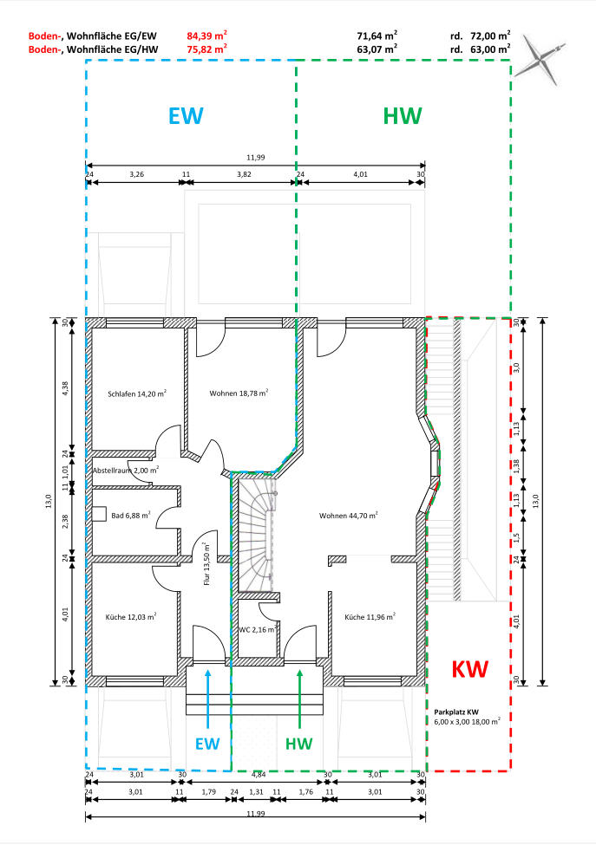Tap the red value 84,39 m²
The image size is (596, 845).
pos(206,36)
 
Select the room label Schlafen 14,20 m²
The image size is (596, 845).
pos(137,393)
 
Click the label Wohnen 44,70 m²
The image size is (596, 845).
pos(349,515)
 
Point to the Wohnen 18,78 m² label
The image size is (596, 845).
pos(239,393)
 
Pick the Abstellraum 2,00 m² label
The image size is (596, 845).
pos(126,470)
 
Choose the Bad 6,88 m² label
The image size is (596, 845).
pos(130,515)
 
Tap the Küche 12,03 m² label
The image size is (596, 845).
pos(131,616)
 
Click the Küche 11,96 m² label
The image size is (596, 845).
pos(370,616)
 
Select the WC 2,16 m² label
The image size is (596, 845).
pos(259,629)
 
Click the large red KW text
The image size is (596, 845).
pos(470,669)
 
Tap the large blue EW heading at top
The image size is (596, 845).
pos(186,116)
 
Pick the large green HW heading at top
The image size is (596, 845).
pos(403,116)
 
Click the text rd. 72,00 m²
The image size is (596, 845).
pos(480,36)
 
